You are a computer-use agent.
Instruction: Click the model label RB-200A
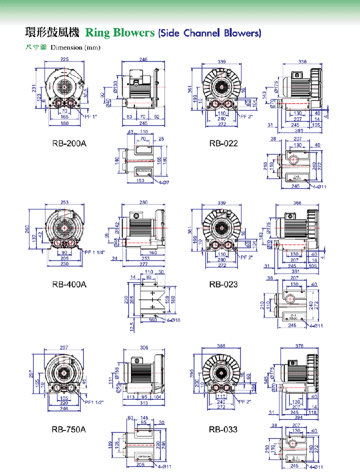69,143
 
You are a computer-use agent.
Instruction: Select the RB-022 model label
223,143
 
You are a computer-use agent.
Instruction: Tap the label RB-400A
69,284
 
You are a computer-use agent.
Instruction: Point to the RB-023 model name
223,284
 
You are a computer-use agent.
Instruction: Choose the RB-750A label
69,429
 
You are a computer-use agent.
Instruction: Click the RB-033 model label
223,429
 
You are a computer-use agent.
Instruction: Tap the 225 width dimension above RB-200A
64,59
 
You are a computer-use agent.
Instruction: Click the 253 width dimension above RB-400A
64,202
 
